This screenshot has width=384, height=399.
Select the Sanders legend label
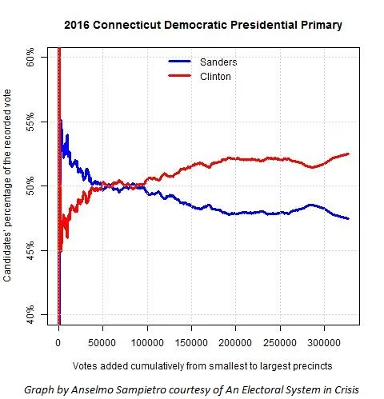218,62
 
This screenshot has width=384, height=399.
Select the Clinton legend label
216,76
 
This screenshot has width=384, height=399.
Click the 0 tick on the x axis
58,342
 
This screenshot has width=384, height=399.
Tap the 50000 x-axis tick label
102,342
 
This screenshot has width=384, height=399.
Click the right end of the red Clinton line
348,154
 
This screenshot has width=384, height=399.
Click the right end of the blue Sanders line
348,218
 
